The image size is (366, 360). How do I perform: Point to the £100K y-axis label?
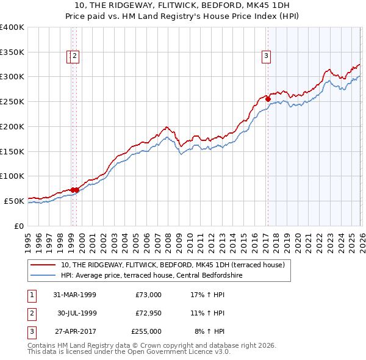coord(12,176)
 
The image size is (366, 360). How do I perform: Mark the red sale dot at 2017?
coord(268,99)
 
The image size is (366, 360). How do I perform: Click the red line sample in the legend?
coord(43,265)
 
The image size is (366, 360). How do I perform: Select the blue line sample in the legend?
coord(43,276)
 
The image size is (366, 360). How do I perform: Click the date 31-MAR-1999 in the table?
coord(74,295)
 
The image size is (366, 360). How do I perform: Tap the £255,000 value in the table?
coord(146,331)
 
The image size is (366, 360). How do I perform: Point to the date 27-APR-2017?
coord(74,331)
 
